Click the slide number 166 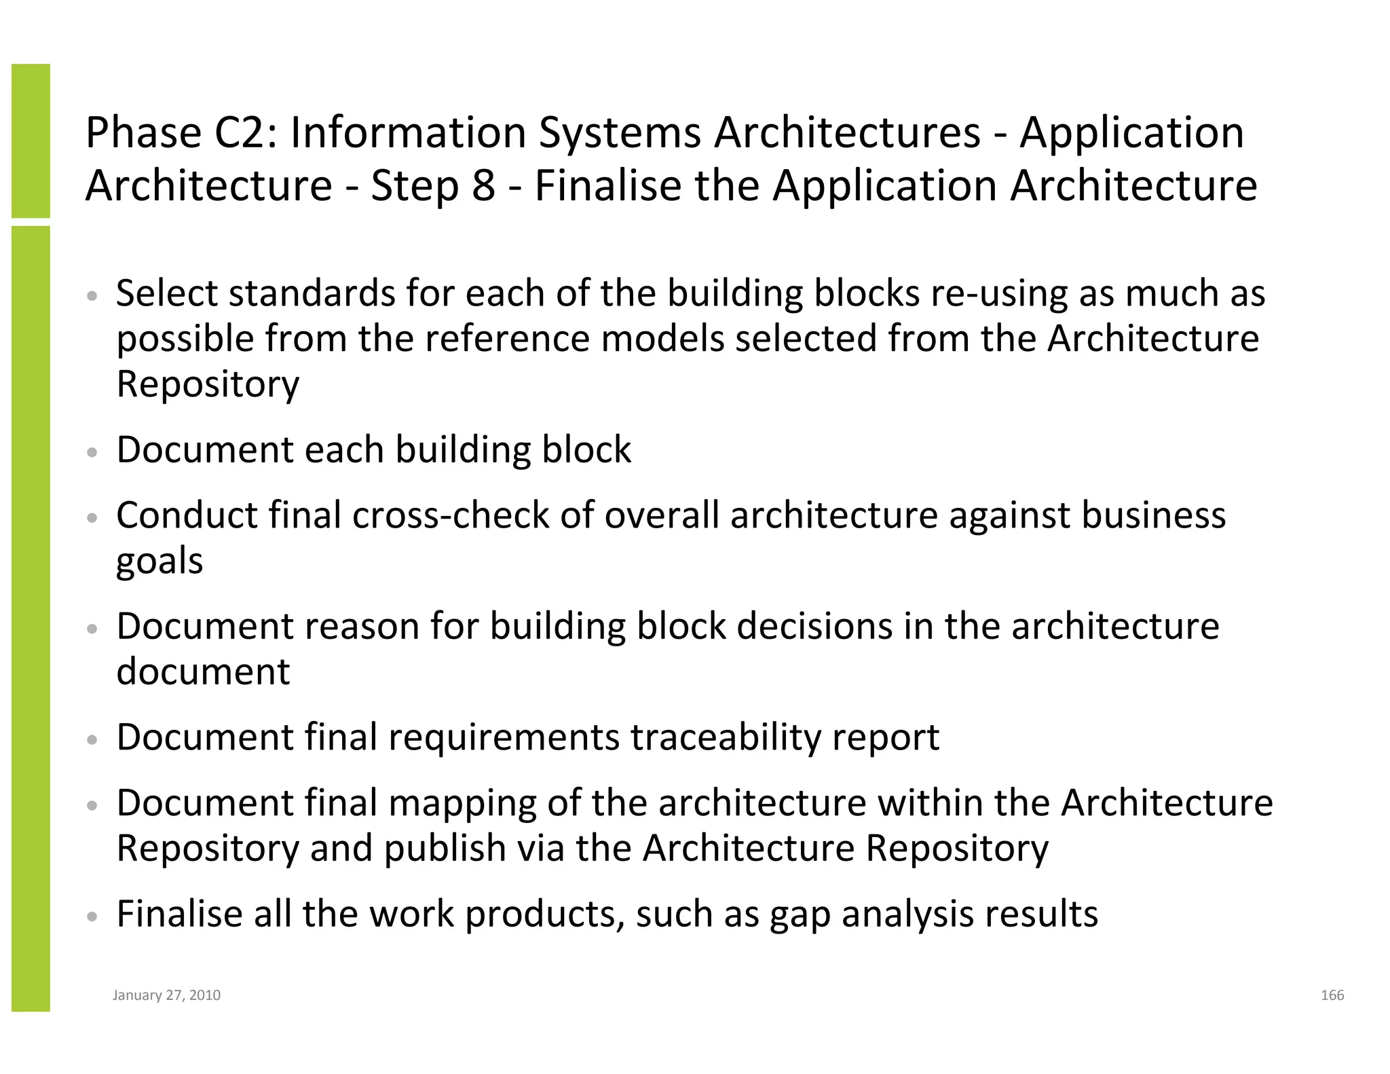(1332, 995)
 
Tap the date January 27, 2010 (166, 995)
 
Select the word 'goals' (159, 561)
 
